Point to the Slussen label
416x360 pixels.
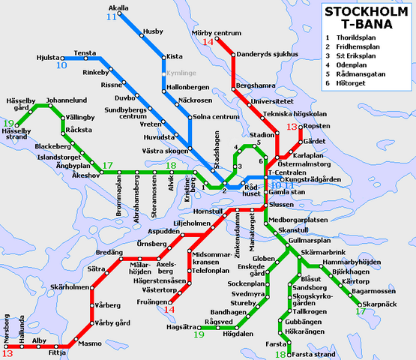282,204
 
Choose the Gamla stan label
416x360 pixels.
285,192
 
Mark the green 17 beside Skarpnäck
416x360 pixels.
361,311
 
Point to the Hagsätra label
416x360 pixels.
181,327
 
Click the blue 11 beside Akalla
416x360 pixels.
112,16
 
